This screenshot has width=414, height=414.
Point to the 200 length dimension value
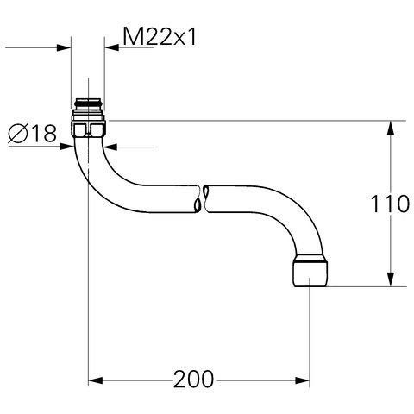[198, 379]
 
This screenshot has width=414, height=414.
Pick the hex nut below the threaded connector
[88, 130]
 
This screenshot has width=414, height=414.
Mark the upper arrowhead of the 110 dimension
[392, 127]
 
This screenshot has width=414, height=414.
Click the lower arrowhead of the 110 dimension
[392, 280]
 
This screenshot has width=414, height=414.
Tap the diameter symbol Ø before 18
[18, 134]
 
